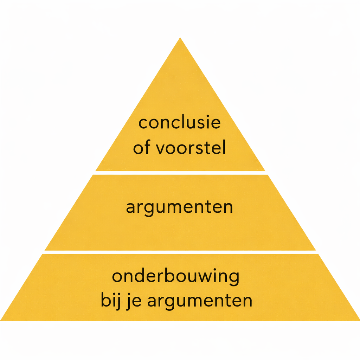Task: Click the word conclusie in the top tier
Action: [x=179, y=123]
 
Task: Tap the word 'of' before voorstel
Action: [x=141, y=148]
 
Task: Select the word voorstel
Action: [x=190, y=148]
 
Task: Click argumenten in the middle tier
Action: [x=179, y=207]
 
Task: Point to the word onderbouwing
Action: [x=175, y=277]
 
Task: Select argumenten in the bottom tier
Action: [x=200, y=302]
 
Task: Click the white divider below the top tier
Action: [x=180, y=173]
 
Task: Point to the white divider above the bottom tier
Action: [x=180, y=252]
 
